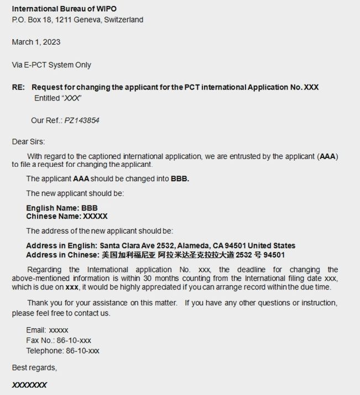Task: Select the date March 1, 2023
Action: tap(36, 43)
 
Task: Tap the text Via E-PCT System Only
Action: tap(51, 65)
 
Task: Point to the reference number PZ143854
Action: tap(82, 120)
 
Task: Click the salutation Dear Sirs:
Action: tap(29, 142)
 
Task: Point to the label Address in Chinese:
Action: tap(62, 255)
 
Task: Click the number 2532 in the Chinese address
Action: tap(244, 255)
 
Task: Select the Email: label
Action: tap(36, 330)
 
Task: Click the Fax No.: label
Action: tap(40, 340)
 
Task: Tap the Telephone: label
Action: tap(45, 351)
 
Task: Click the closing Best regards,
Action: tap(34, 367)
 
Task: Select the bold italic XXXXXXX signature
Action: tap(29, 385)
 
